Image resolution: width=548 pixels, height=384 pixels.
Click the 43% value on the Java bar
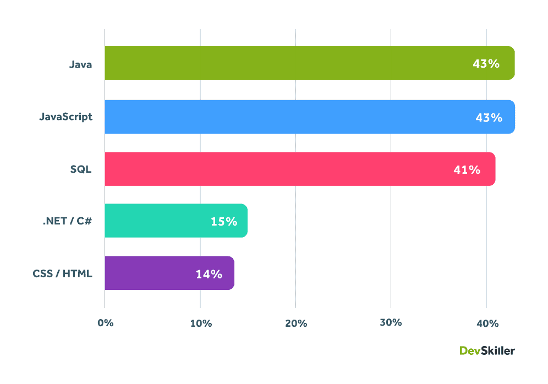486,64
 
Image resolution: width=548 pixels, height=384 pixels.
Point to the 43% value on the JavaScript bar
489,117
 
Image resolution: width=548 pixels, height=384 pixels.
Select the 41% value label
467,169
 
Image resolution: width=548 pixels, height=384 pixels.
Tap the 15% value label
224,222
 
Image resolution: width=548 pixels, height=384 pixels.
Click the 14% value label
209,273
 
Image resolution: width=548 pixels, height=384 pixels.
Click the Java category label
80,64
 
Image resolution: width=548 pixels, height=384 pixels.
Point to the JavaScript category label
65,117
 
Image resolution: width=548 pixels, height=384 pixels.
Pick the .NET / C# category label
67,221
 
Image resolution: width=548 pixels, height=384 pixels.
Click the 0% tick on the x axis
105,323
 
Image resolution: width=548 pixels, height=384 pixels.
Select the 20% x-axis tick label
295,323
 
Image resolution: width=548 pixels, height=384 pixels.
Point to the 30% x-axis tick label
391,322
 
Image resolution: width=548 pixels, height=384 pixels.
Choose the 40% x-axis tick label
487,323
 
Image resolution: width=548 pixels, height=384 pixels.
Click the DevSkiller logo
487,350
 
